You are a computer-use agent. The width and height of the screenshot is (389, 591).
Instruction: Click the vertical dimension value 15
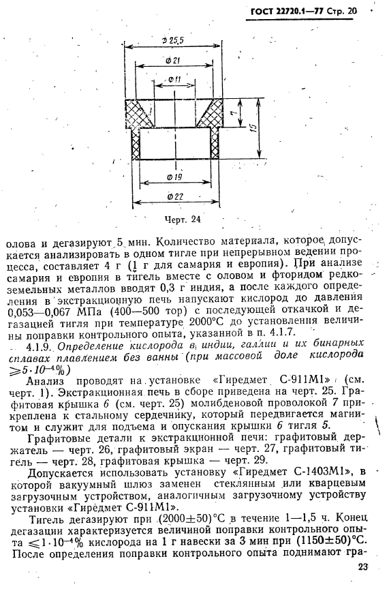pyautogui.click(x=251, y=128)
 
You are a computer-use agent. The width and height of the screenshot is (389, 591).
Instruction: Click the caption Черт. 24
pyautogui.click(x=183, y=219)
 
